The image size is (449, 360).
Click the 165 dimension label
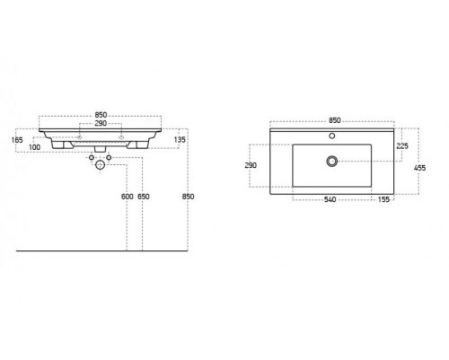click(x=17, y=140)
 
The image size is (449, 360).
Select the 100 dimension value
click(x=35, y=147)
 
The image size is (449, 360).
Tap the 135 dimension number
click(x=180, y=139)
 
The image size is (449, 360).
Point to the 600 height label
click(x=128, y=197)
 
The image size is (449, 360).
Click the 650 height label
click(x=144, y=197)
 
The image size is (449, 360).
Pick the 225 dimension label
click(x=402, y=145)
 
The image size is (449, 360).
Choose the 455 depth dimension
click(x=419, y=168)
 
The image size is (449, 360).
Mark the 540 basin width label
click(x=330, y=199)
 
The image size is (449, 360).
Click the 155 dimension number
click(x=383, y=199)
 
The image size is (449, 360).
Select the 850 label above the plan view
click(x=335, y=120)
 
